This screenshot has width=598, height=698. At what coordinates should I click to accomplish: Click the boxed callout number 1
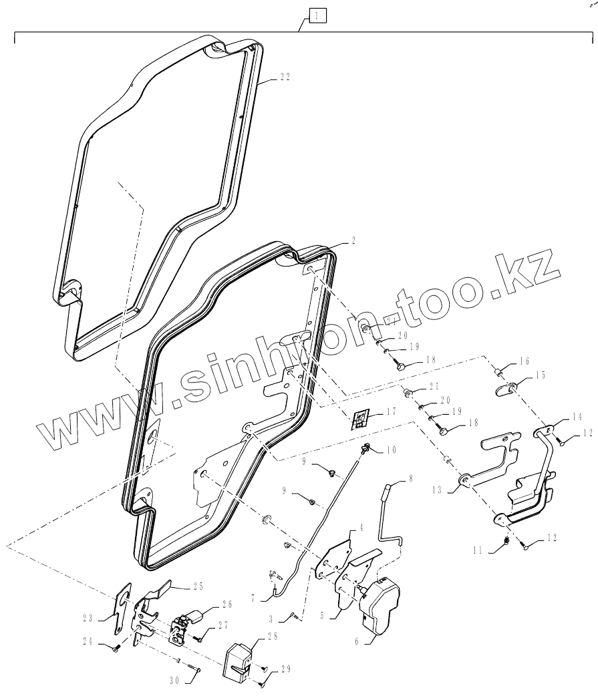[317, 15]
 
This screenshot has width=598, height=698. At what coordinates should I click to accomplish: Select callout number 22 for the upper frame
[284, 77]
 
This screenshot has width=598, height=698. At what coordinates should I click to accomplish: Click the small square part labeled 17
[360, 419]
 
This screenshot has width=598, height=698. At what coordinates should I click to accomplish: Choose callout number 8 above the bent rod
[410, 479]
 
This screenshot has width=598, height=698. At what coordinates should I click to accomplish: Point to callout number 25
[197, 586]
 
